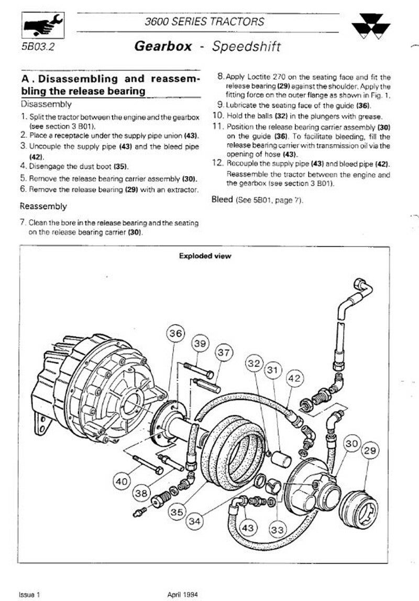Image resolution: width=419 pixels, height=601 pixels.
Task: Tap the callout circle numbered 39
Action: pos(199,343)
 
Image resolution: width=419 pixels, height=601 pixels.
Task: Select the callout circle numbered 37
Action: pos(224,353)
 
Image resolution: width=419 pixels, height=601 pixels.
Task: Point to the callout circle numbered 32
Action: pos(255,363)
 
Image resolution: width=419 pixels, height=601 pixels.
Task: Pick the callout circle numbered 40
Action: pos(121,480)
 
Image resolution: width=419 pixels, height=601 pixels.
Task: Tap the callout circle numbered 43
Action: pos(248,526)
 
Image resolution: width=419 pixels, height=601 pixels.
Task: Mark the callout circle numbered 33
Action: pos(278,529)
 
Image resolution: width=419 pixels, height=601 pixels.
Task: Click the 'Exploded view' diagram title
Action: pos(205,256)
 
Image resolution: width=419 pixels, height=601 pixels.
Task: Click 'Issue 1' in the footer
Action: pos(29,595)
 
